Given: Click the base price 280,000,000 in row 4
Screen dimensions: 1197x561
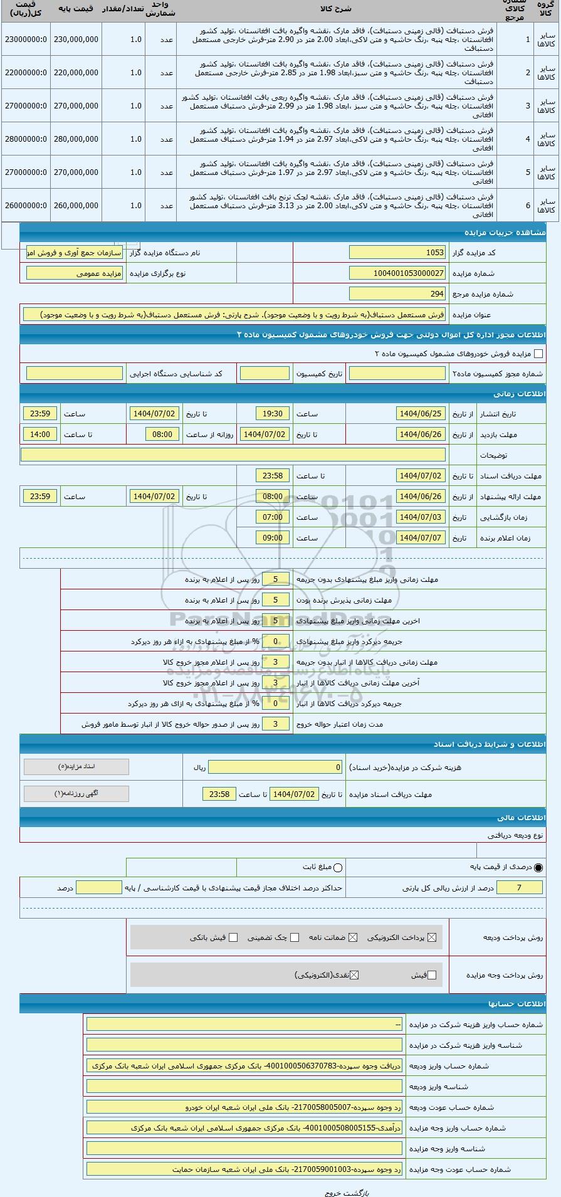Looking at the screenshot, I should (x=76, y=139).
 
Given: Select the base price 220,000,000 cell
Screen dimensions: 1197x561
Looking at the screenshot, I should (x=76, y=73).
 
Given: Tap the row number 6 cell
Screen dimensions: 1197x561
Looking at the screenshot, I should (x=527, y=206).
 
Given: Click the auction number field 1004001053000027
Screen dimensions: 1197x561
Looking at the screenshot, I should (x=397, y=273).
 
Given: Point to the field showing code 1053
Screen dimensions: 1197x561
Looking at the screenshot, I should (x=397, y=253).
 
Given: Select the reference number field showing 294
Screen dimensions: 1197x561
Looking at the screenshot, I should (x=397, y=294).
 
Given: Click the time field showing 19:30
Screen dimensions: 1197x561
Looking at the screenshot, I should (x=273, y=414).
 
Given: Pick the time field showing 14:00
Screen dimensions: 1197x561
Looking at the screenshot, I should (x=40, y=435).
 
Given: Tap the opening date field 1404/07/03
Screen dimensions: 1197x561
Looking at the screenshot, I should (x=421, y=517).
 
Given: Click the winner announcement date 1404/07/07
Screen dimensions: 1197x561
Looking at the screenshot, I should (x=421, y=538).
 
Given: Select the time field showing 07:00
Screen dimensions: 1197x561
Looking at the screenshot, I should (x=273, y=517).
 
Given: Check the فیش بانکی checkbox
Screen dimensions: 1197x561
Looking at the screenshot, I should (x=233, y=937).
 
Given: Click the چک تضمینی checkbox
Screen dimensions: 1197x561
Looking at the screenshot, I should (x=295, y=937).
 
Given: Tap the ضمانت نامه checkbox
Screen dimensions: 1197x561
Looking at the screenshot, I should (x=353, y=937).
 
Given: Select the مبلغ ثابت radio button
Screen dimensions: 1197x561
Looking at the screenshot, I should (x=338, y=868).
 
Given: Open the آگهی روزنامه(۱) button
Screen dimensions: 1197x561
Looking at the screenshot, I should (x=76, y=794).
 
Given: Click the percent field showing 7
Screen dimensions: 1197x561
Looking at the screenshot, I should (x=518, y=888).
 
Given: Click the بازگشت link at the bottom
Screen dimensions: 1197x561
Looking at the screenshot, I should (x=357, y=1193).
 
